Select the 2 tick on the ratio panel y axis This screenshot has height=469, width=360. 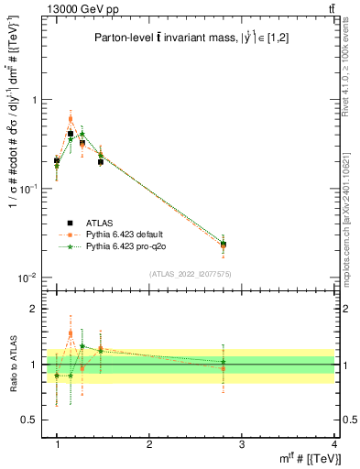34,309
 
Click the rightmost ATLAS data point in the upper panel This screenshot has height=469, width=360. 249,245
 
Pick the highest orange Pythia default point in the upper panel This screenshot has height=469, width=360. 71,119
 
